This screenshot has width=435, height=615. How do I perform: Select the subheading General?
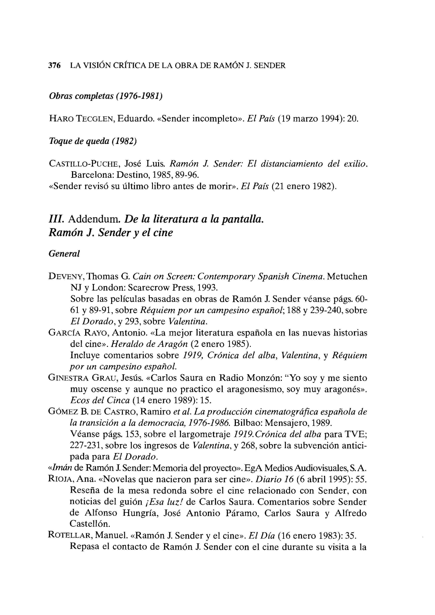(64, 253)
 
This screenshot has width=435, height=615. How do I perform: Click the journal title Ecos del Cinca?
(100, 400)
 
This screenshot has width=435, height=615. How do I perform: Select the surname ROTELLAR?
(70, 535)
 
